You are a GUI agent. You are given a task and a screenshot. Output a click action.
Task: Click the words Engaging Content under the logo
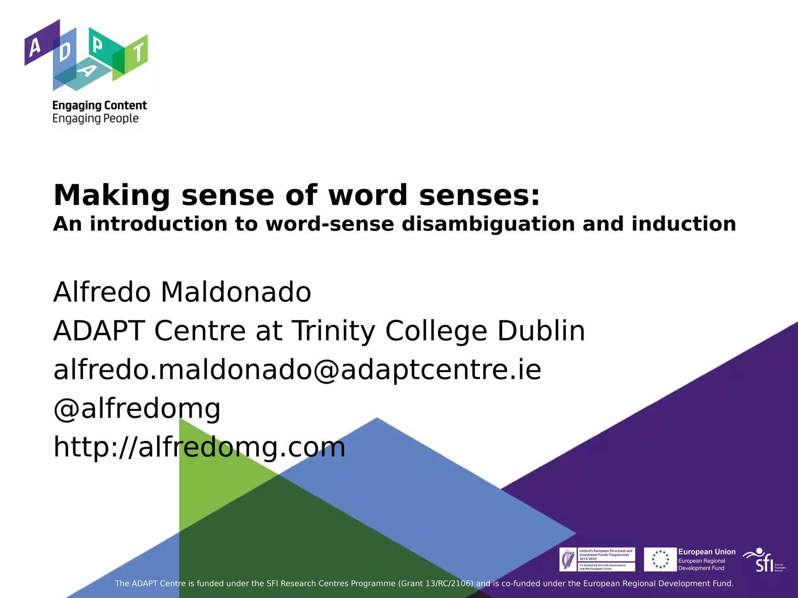click(99, 106)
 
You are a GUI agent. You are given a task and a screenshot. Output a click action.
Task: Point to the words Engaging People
click(95, 118)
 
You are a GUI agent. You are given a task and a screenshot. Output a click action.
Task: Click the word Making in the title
click(111, 195)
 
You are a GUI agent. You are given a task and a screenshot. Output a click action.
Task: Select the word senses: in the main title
click(480, 195)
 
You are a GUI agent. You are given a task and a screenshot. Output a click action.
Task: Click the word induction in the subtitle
click(684, 224)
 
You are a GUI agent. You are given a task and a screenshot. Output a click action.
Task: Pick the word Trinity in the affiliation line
click(334, 331)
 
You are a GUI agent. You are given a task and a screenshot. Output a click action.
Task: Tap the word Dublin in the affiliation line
click(541, 331)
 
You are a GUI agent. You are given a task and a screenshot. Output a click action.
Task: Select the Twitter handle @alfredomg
click(137, 408)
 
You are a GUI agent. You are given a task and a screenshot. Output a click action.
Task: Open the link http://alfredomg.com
click(199, 447)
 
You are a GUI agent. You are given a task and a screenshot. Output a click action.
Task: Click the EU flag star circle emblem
click(660, 559)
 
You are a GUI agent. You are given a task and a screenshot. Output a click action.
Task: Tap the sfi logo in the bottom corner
click(764, 560)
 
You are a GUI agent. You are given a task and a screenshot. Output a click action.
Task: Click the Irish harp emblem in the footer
click(568, 559)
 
